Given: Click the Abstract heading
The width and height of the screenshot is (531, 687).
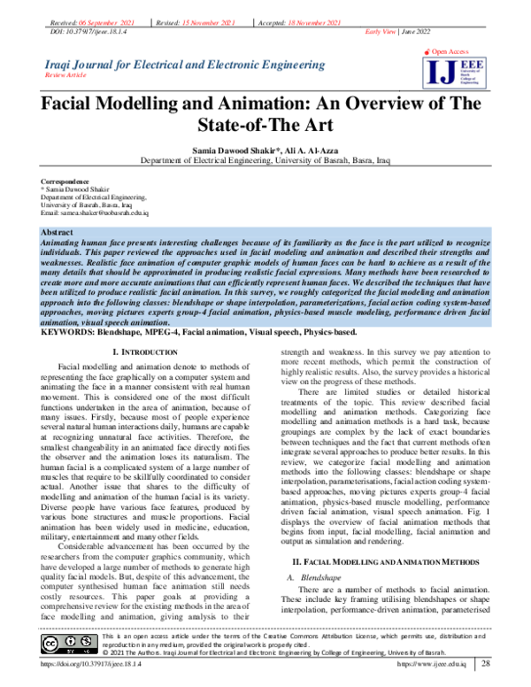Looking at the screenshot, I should pyautogui.click(x=58, y=231).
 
